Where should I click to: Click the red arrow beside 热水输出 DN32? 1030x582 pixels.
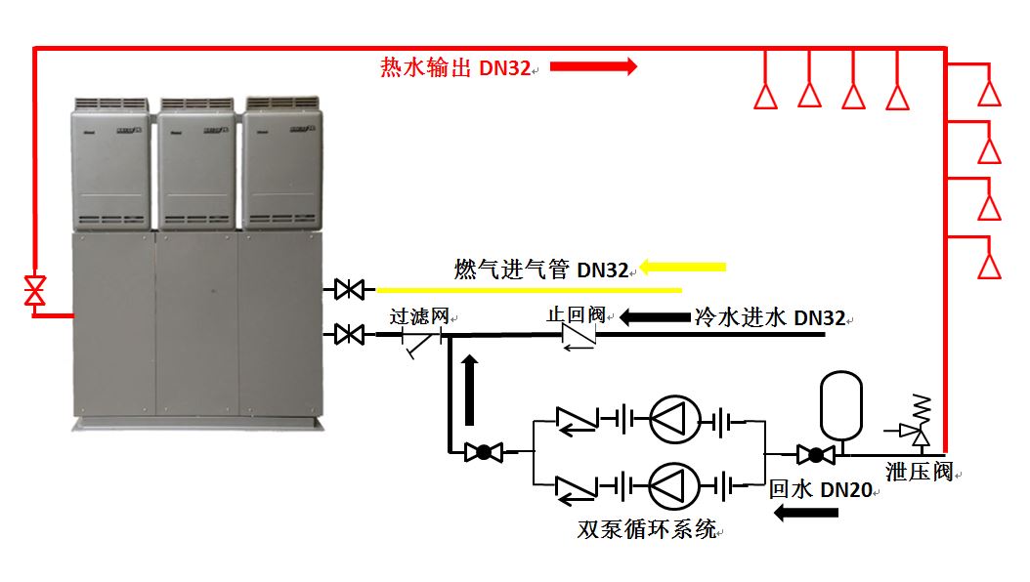[593, 66]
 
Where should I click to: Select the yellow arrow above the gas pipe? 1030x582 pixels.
[683, 267]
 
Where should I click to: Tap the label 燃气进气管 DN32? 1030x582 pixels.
[541, 270]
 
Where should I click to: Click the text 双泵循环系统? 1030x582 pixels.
[647, 530]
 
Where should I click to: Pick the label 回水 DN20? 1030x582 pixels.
[820, 490]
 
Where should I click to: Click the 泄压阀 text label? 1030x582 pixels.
[919, 473]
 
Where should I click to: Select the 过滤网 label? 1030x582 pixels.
[419, 316]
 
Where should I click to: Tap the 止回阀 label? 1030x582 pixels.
[576, 315]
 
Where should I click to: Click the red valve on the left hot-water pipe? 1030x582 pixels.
[35, 290]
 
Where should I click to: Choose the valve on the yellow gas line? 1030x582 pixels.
[349, 289]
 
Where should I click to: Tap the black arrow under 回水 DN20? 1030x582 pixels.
[806, 512]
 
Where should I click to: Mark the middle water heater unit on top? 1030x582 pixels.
[196, 162]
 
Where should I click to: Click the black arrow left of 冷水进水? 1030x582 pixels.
[653, 317]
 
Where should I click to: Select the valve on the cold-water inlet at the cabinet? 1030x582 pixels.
[349, 335]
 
